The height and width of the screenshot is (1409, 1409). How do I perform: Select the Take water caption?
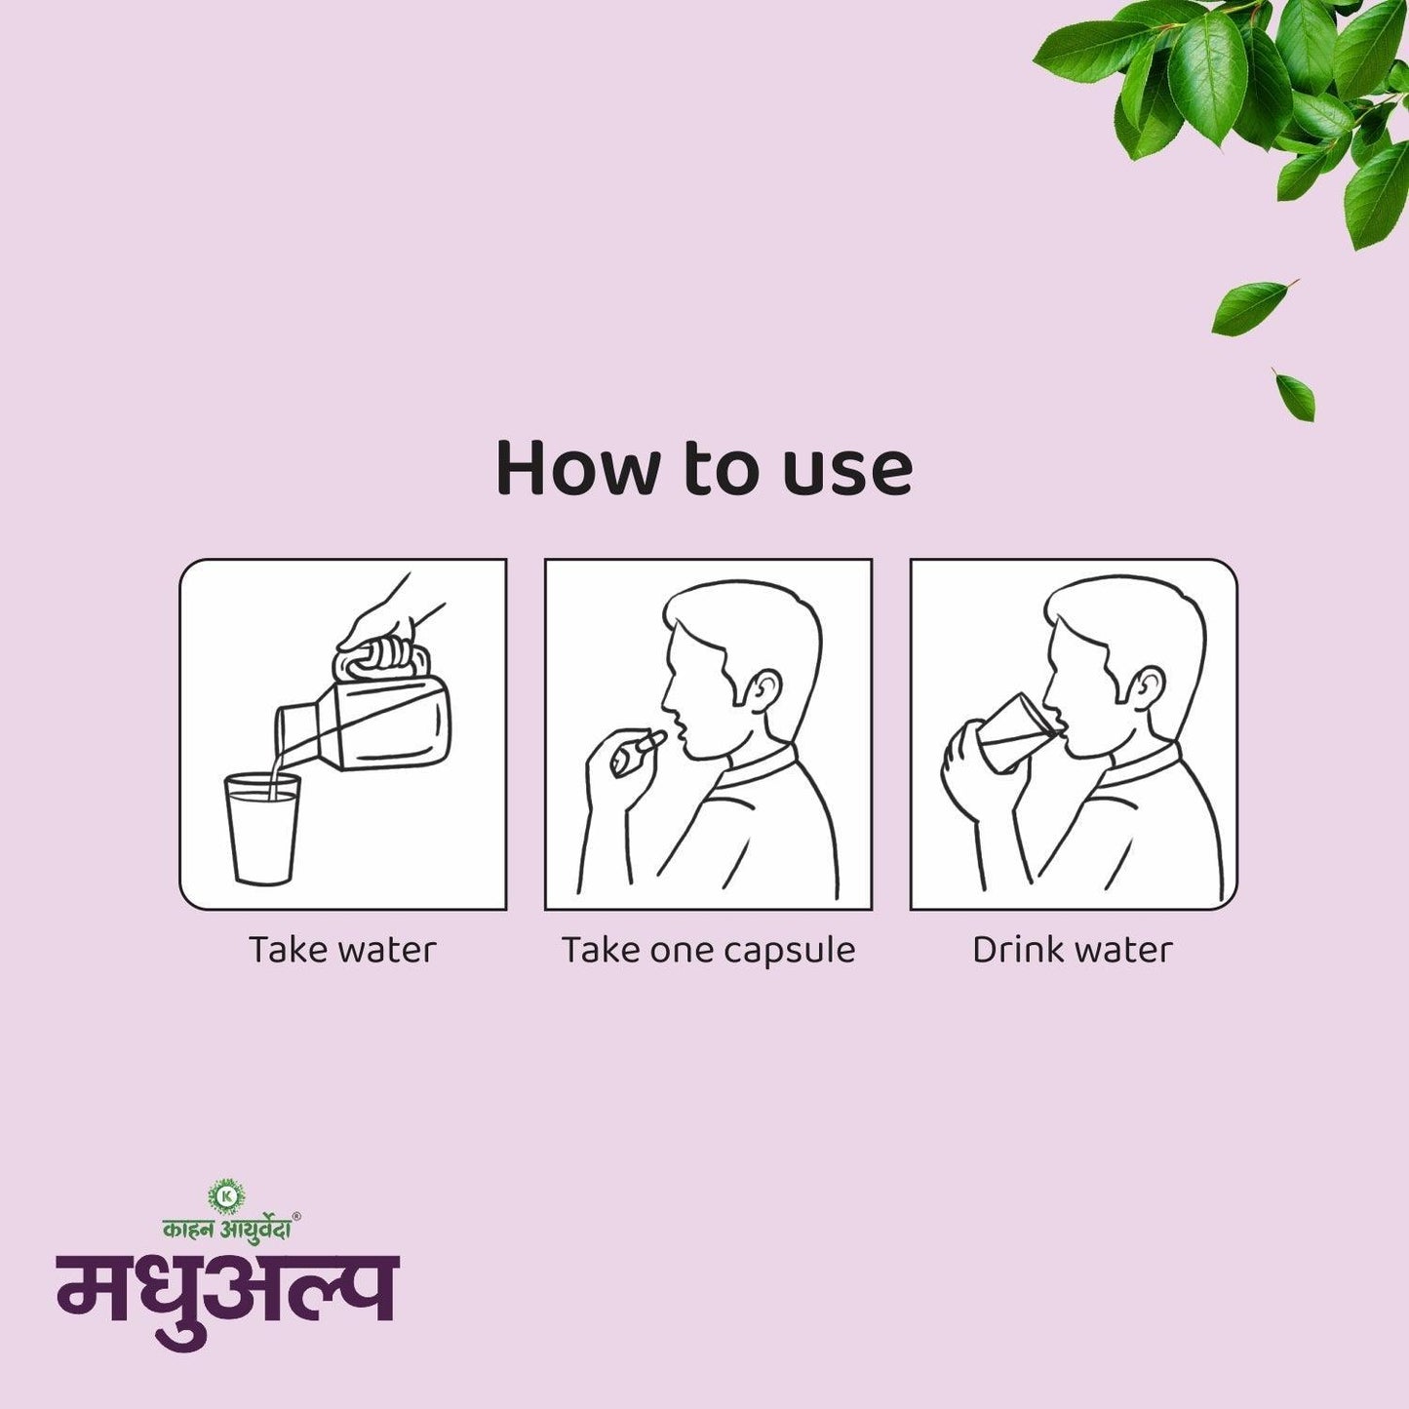[x=342, y=950]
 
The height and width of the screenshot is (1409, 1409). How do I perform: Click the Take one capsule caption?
[x=708, y=950]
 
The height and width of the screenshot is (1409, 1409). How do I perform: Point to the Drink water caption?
[x=1073, y=950]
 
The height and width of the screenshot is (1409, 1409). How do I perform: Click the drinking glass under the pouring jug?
[x=261, y=829]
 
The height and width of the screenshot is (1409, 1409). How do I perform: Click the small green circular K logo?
[x=226, y=1195]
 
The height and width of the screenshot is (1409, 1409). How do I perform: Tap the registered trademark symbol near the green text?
[x=296, y=1216]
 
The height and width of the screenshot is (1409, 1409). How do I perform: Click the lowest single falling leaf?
[x=1295, y=394]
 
